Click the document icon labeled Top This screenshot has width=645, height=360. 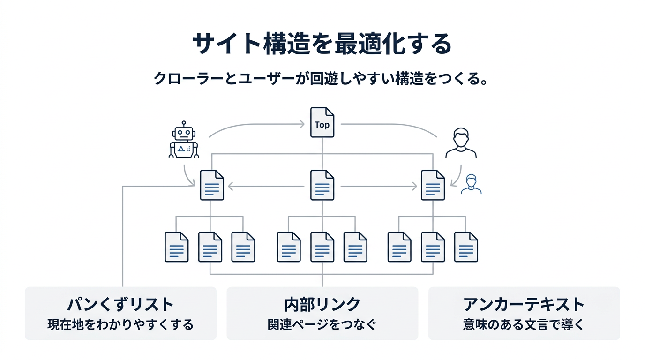pos(322,123)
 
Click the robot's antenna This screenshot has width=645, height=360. pos(184,123)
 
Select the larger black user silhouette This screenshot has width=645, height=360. pos(461,142)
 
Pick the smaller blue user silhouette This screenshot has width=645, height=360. pos(471,184)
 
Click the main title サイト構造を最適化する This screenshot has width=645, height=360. pos(322,45)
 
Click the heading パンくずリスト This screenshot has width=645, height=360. pos(120,304)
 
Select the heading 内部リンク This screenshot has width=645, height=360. pos(322,304)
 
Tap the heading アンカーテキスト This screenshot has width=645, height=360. pos(524,304)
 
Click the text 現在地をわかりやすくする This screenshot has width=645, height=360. pos(120,324)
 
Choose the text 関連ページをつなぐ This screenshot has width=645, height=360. pos(322,324)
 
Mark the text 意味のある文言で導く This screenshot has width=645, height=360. pos(524,324)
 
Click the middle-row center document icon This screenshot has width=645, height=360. pos(322,185)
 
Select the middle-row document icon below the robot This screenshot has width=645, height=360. pos(212,185)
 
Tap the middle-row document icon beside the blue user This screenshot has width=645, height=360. pos(433,185)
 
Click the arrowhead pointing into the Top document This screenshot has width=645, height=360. pos(303,124)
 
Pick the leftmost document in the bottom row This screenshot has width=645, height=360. pos(176,247)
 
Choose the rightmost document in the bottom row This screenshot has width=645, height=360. pos(466,247)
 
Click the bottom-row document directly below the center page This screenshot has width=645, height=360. pos(322,247)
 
